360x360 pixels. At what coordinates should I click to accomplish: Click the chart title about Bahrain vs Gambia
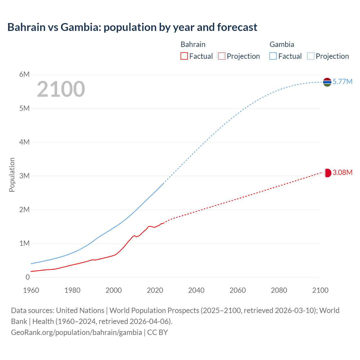pyautogui.click(x=132, y=27)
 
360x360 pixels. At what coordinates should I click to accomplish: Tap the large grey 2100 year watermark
pyautogui.click(x=61, y=89)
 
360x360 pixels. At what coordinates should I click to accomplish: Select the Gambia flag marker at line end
pyautogui.click(x=327, y=82)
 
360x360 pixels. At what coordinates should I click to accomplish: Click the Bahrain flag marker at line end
pyautogui.click(x=327, y=173)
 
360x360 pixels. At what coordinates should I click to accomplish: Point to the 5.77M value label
pyautogui.click(x=342, y=82)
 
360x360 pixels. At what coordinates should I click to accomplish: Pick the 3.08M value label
pyautogui.click(x=342, y=172)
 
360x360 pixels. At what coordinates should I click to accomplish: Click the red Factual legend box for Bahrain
pyautogui.click(x=184, y=56)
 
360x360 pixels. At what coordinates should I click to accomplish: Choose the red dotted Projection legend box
pyautogui.click(x=222, y=56)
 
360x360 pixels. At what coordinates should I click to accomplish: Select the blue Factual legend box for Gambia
pyautogui.click(x=273, y=56)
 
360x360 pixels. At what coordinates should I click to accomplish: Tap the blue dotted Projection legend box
pyautogui.click(x=310, y=56)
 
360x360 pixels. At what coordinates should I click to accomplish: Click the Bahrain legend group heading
pyautogui.click(x=193, y=44)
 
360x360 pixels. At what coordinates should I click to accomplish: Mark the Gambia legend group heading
pyautogui.click(x=282, y=44)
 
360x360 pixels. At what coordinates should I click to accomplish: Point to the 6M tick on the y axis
pyautogui.click(x=24, y=74)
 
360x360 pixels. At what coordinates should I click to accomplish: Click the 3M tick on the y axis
pyautogui.click(x=24, y=176)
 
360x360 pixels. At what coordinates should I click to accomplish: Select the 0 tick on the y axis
pyautogui.click(x=28, y=277)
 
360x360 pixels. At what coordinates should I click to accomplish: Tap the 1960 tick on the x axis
pyautogui.click(x=31, y=290)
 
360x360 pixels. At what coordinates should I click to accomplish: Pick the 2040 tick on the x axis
pyautogui.click(x=196, y=290)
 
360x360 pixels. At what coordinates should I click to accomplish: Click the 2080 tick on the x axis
pyautogui.click(x=279, y=290)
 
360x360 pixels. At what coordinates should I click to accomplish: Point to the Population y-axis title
pyautogui.click(x=12, y=175)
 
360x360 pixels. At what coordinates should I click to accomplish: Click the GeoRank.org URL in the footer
pyautogui.click(x=76, y=332)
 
